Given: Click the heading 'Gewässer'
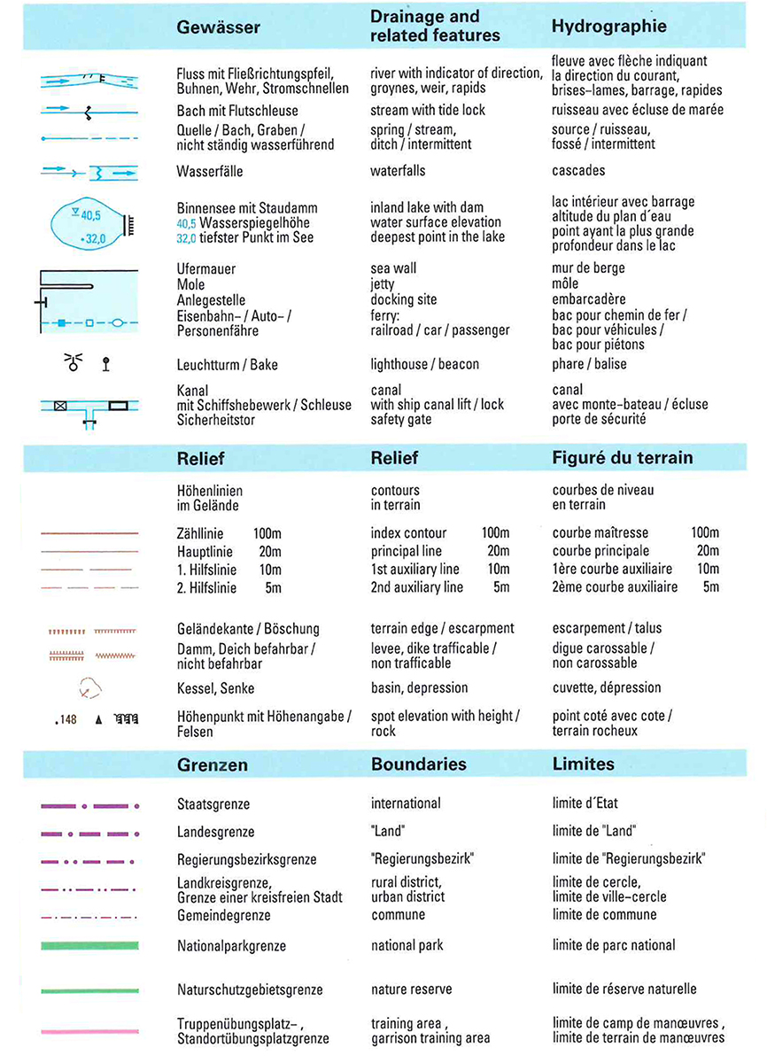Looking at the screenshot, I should [x=218, y=27].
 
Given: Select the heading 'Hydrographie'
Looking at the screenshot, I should [x=608, y=27].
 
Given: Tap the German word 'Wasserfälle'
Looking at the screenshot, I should [x=210, y=170].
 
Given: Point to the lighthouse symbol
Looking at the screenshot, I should [x=72, y=361].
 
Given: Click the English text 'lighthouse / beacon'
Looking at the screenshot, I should [x=424, y=364].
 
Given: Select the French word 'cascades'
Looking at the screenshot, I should [x=578, y=170].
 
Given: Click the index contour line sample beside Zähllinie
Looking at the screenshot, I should [x=89, y=533].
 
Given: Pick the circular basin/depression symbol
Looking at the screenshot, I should [x=89, y=688].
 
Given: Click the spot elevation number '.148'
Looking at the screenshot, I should [x=66, y=719].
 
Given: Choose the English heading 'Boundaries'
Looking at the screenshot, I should [x=418, y=764].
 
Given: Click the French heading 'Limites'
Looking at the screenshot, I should [x=583, y=764].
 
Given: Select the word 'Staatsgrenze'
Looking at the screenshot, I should [x=213, y=804].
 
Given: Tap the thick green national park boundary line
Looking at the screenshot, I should [x=89, y=945].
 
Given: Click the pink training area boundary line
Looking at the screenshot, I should [x=89, y=1031].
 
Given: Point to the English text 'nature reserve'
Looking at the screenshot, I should [x=411, y=989].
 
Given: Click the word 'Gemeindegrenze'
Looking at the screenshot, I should [x=223, y=915].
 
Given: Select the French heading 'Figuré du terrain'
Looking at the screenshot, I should [x=622, y=458].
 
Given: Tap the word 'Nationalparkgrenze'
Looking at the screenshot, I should [x=231, y=946].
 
